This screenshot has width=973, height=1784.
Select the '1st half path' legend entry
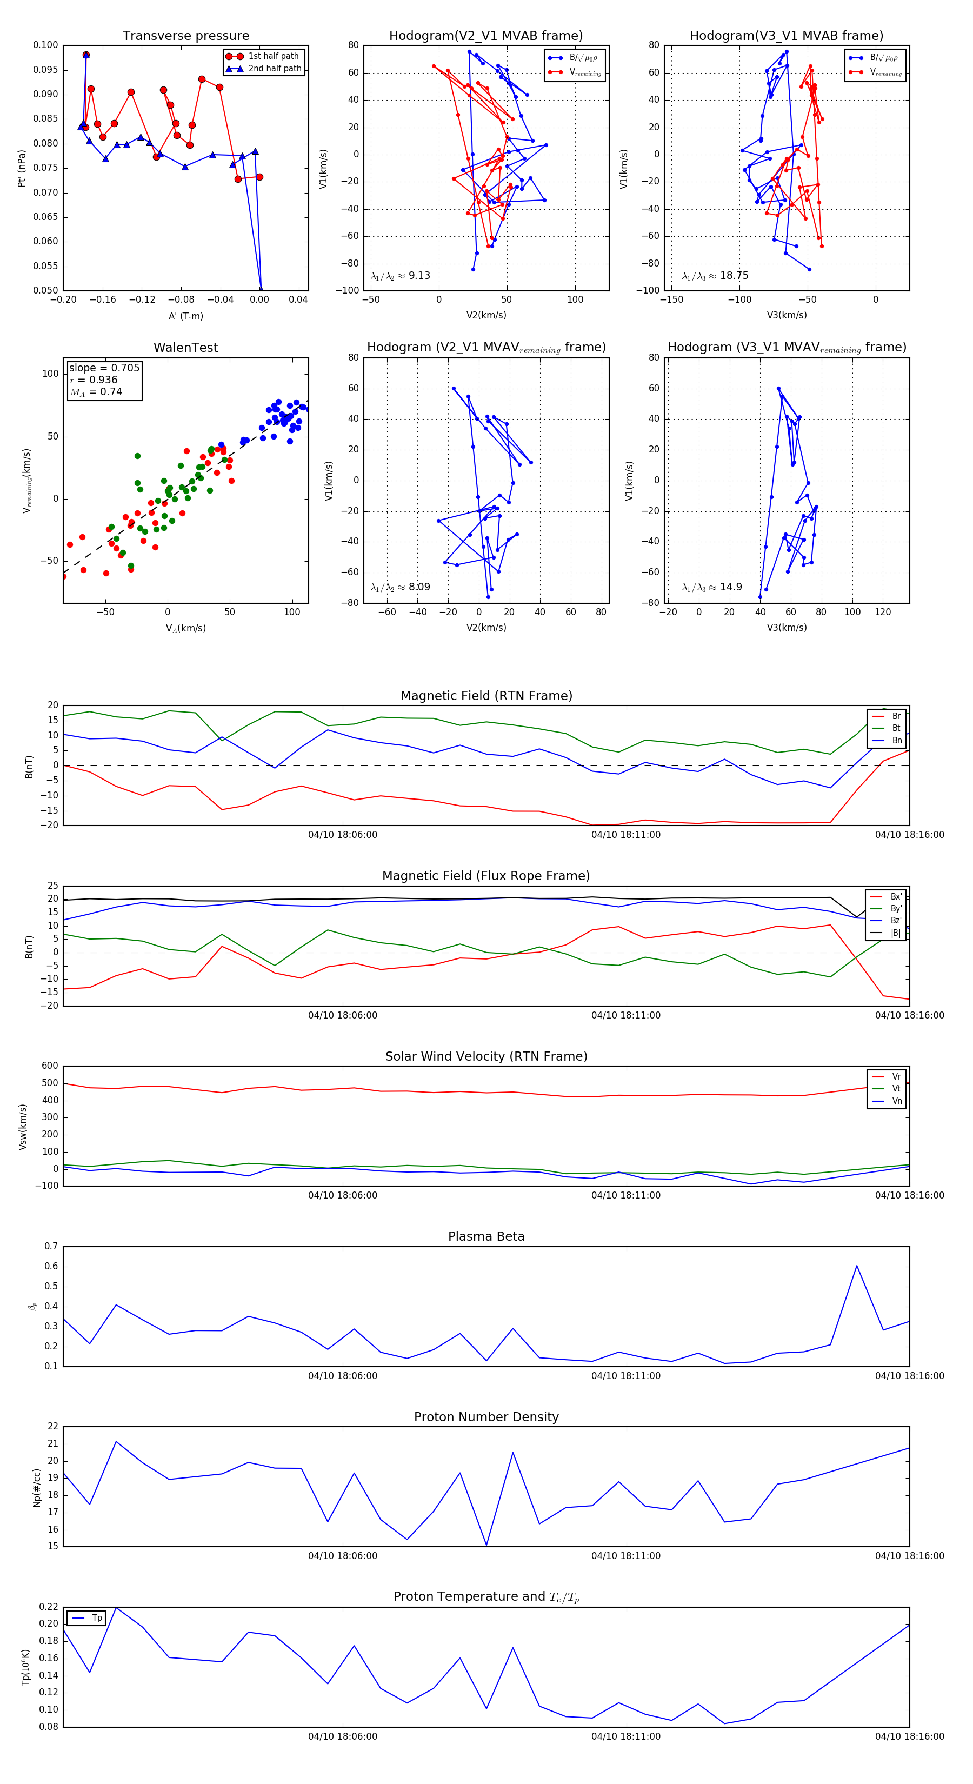tap(273, 56)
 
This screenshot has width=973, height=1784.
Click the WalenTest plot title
tap(185, 348)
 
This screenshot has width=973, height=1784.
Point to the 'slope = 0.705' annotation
tap(104, 368)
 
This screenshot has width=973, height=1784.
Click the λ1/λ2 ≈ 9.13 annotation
tap(400, 276)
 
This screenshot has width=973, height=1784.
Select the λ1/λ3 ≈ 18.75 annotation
tap(715, 276)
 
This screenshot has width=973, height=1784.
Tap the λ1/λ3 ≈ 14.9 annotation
tap(711, 587)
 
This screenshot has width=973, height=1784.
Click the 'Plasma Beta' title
tap(486, 1237)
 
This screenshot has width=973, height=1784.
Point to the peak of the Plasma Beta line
tap(857, 1266)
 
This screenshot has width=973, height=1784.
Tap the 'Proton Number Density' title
tap(486, 1417)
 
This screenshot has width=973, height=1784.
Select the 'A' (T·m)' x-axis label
tap(185, 316)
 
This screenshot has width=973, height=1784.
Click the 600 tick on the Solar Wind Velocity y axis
tap(50, 1066)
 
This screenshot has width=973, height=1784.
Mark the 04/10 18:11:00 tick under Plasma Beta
tap(625, 1376)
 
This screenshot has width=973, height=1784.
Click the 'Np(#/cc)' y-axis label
tap(37, 1488)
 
